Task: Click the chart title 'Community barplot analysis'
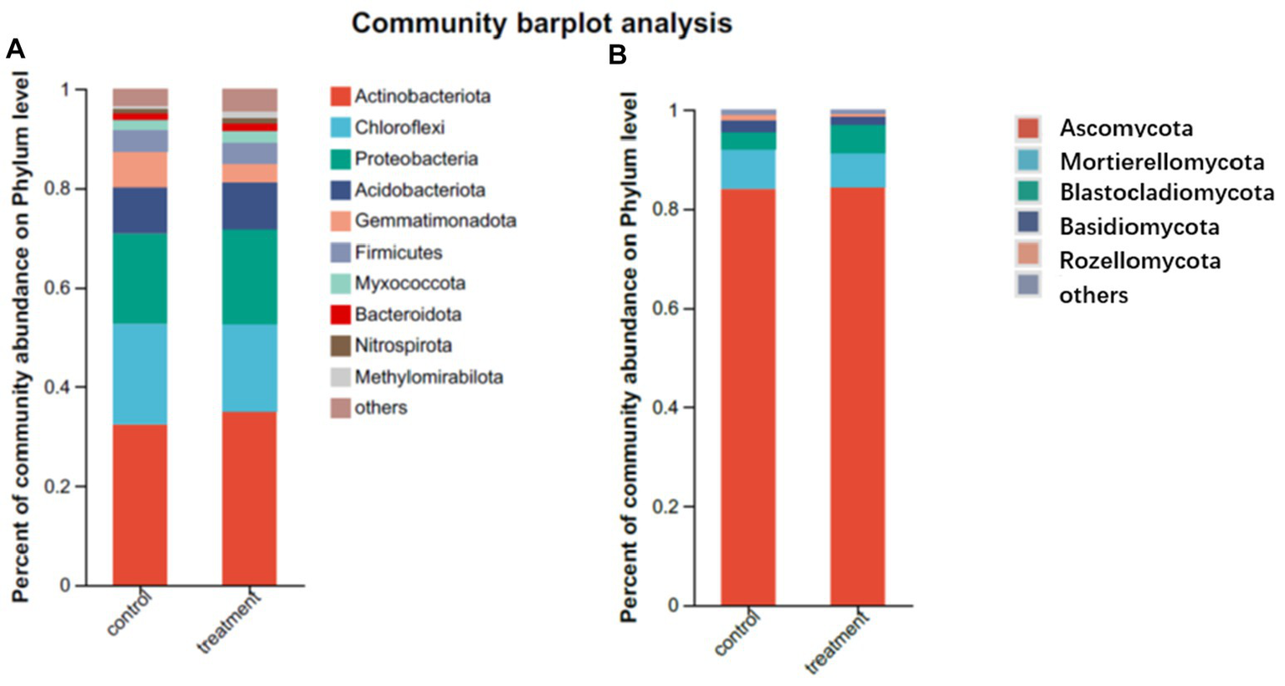coord(542,23)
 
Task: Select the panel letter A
coord(15,50)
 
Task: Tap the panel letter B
coord(617,55)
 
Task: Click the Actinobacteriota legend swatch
coord(340,96)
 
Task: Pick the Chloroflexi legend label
coord(399,127)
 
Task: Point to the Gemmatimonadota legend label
coord(434,221)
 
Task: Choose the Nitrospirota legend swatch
coord(340,346)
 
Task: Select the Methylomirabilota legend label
coord(429,377)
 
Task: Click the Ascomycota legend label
coord(1126,128)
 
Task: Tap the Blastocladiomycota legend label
coord(1166,193)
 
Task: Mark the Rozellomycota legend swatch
coord(1028,259)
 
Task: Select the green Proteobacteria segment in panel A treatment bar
coord(249,276)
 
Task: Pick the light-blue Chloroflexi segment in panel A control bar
coord(140,374)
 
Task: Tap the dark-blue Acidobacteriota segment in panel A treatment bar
coord(249,206)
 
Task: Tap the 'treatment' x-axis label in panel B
coord(837,642)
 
